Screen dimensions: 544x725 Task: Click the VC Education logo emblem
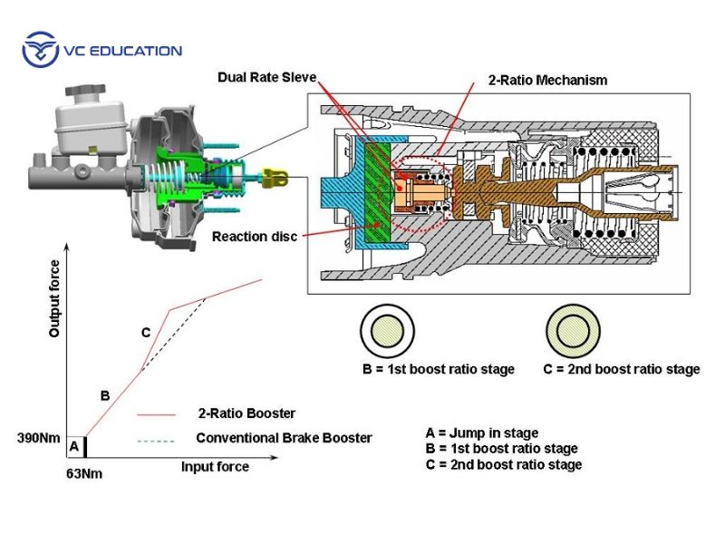39,50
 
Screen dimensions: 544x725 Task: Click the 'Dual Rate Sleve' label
267,77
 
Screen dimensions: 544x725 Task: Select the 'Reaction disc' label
255,237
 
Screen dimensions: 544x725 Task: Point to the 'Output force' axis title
54,299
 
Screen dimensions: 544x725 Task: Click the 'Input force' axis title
215,467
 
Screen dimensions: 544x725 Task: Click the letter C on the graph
146,333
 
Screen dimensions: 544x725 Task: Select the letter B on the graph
105,396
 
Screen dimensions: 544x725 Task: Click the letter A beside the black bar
73,446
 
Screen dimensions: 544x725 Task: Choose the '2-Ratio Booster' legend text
246,413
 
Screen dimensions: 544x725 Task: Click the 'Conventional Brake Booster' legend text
284,438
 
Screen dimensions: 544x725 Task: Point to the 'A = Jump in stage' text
481,432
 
